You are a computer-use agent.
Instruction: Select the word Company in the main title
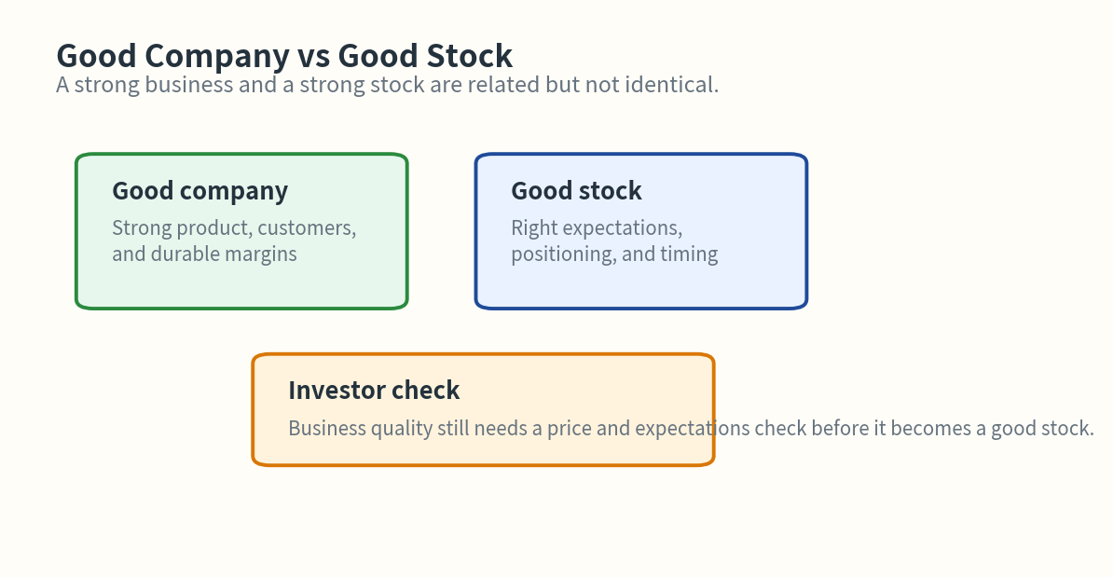pyautogui.click(x=216, y=56)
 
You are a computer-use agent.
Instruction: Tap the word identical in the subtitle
pyautogui.click(x=678, y=85)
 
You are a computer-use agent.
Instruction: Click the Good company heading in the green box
pyautogui.click(x=199, y=191)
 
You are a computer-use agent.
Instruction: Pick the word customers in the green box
pyautogui.click(x=307, y=228)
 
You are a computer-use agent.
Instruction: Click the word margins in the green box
pyautogui.click(x=260, y=254)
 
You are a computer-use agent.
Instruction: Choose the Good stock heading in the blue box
pyautogui.click(x=576, y=191)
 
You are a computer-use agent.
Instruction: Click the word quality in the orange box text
pyautogui.click(x=402, y=429)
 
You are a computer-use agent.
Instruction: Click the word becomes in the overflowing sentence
pyautogui.click(x=934, y=429)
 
